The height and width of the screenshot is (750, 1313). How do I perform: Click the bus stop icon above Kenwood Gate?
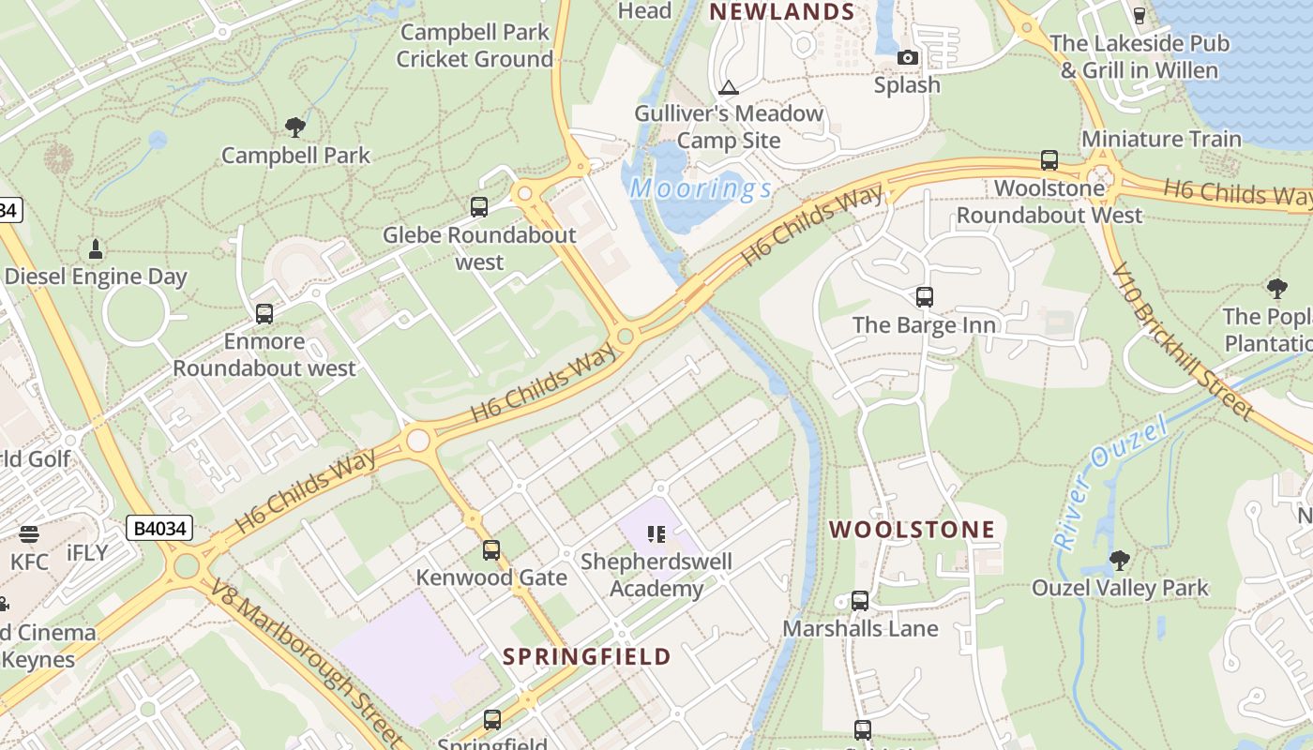point(491,550)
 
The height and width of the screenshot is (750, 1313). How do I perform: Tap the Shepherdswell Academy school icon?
point(656,534)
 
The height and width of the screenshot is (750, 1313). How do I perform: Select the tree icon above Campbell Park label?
point(295,127)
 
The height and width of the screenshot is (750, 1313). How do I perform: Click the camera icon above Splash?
point(907,58)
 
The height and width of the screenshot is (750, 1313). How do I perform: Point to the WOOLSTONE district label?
point(912,530)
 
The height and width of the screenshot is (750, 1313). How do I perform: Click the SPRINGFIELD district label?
point(587,656)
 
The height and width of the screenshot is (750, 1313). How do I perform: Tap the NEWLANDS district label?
point(781,12)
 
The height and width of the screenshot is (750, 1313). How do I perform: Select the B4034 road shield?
point(159,529)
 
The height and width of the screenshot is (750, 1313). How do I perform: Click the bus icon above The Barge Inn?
point(925,297)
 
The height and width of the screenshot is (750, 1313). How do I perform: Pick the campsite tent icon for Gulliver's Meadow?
point(728,88)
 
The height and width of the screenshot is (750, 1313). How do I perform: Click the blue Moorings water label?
point(702,189)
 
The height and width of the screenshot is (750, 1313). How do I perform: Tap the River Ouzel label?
point(1111,482)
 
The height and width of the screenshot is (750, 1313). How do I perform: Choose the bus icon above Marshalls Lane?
point(860,601)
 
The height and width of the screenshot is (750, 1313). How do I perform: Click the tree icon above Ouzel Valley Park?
point(1118,561)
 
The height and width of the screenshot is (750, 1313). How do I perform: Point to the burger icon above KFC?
point(28,534)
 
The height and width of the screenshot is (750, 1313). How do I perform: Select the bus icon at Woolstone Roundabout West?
point(1049,160)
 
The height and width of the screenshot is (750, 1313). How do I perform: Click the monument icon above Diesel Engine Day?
point(95,249)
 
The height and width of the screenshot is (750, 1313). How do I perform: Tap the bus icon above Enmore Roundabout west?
point(264,314)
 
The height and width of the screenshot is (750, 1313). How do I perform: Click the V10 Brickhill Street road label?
point(1183,341)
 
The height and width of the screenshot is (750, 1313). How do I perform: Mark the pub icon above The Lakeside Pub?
point(1139,15)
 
